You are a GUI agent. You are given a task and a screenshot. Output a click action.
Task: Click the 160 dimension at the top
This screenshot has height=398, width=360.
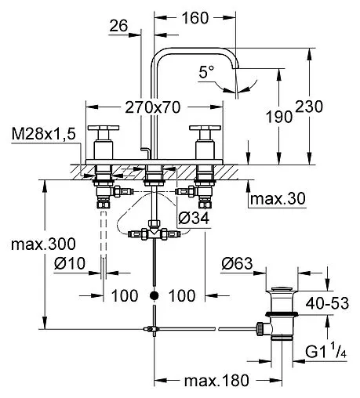[x=195, y=18]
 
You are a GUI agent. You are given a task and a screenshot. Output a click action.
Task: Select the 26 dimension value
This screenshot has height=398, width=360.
[x=118, y=26]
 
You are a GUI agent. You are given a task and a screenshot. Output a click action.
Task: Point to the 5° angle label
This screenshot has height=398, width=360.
[x=206, y=71]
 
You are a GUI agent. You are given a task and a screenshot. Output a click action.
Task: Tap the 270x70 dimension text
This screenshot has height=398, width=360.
[x=153, y=107]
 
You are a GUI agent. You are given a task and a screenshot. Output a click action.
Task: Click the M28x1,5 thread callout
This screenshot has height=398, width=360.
[x=44, y=134]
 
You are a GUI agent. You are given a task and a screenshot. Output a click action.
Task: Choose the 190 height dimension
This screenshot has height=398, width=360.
[x=279, y=117]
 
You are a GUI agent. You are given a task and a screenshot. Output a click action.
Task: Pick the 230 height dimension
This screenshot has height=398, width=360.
[x=309, y=107]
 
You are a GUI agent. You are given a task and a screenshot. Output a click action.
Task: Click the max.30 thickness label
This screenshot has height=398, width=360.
[x=278, y=199]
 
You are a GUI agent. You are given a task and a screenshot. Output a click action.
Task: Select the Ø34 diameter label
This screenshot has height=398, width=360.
[x=194, y=218]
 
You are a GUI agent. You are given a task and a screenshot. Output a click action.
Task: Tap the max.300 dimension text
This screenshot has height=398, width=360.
[x=43, y=244]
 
